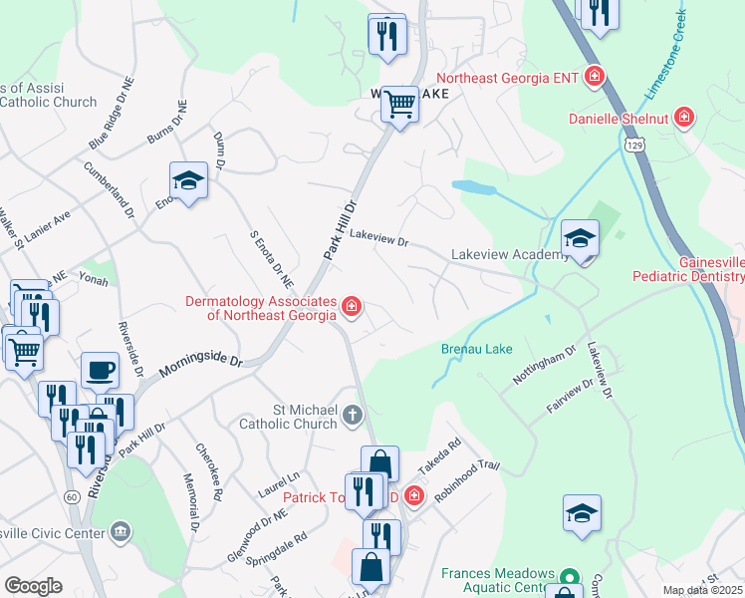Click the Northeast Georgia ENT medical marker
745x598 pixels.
pyautogui.click(x=596, y=76)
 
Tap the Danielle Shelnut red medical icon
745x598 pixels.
pyautogui.click(x=684, y=119)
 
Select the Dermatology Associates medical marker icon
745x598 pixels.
pyautogui.click(x=351, y=306)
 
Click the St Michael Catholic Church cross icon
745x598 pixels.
pyautogui.click(x=352, y=415)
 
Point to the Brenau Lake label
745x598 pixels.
pyautogui.click(x=477, y=350)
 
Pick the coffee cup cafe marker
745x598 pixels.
pyautogui.click(x=100, y=371)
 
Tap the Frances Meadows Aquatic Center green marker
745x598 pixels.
pyautogui.click(x=569, y=577)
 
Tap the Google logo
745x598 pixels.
pyautogui.click(x=33, y=586)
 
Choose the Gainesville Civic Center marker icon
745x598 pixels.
pyautogui.click(x=122, y=530)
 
